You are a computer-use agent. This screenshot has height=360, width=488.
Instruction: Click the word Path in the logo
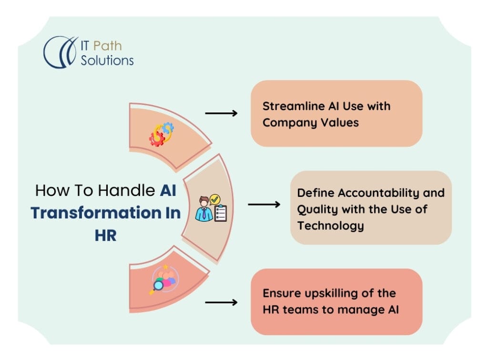pos(107,46)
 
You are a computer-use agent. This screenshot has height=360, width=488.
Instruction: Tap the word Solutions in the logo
pos(107,61)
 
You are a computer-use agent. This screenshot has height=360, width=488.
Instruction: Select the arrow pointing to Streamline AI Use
pos(221,113)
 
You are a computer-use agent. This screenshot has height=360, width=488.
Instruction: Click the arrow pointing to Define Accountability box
pos(264,205)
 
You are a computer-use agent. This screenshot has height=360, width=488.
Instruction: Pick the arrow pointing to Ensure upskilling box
pos(221,302)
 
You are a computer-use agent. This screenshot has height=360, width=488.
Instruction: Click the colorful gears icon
pos(161,134)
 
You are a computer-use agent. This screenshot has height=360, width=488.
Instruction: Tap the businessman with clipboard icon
pos(211,208)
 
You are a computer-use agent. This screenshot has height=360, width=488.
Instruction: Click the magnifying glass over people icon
pos(164,279)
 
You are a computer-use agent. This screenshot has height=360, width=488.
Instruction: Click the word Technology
pos(331,226)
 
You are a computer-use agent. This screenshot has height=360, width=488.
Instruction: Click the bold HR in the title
pos(105,236)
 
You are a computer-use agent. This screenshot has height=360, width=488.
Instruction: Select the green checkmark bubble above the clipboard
pos(214,199)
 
